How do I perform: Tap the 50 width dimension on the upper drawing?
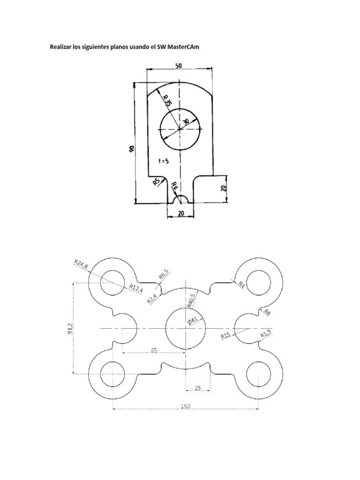click(x=179, y=66)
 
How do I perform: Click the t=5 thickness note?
click(x=164, y=161)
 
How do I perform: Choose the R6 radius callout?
click(x=174, y=186)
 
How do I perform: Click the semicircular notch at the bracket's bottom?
click(x=181, y=199)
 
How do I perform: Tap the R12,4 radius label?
click(x=135, y=287)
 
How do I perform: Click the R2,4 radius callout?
click(x=152, y=299)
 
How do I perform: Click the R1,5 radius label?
click(x=266, y=335)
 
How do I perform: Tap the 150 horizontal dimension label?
click(x=186, y=406)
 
